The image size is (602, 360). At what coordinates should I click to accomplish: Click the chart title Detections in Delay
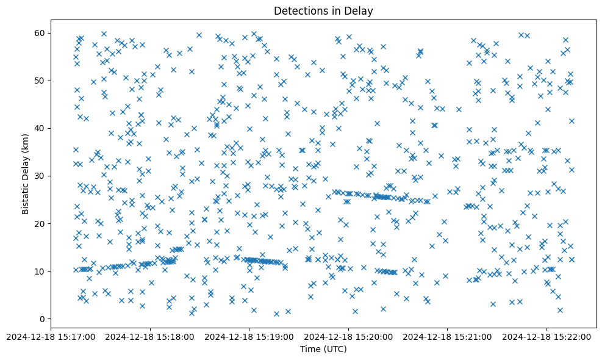(x=323, y=11)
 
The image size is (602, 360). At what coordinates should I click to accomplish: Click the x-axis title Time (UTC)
(x=323, y=349)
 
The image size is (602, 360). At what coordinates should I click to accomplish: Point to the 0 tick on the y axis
(x=43, y=319)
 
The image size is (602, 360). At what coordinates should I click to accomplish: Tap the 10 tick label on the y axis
(x=41, y=272)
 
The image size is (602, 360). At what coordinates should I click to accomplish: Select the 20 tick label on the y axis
(x=41, y=223)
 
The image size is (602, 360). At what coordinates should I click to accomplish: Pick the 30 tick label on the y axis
(x=41, y=176)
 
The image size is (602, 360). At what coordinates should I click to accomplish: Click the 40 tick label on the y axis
(x=41, y=128)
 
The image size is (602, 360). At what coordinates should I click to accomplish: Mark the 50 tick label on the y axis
(x=41, y=81)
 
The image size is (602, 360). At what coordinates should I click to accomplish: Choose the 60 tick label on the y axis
(x=41, y=33)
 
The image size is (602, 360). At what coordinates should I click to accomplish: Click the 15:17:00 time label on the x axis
(x=51, y=336)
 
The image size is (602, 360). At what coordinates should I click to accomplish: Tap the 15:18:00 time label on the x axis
(x=149, y=336)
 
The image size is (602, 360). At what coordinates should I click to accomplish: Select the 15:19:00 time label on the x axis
(x=249, y=336)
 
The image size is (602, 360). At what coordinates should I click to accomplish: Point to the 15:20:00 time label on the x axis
(x=348, y=336)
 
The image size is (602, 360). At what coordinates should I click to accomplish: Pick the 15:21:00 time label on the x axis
(x=447, y=336)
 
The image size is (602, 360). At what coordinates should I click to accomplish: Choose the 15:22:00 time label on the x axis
(x=546, y=336)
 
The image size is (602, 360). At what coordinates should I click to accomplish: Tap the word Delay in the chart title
(x=360, y=11)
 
